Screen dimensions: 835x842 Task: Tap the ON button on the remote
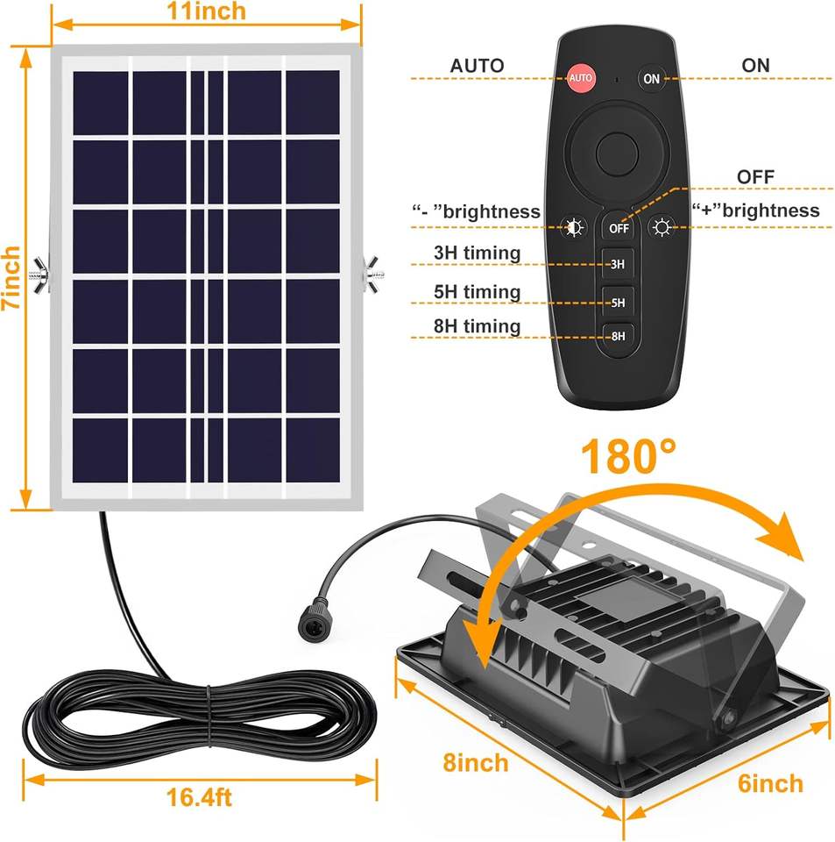(x=651, y=78)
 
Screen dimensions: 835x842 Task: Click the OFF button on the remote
(x=619, y=228)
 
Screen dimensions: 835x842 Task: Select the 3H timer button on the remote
(x=618, y=263)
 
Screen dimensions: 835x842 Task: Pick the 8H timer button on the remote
(x=618, y=335)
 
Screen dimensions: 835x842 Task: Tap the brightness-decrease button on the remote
(x=575, y=228)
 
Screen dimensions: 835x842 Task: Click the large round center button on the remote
(x=619, y=154)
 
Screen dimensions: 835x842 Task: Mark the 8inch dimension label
(x=475, y=762)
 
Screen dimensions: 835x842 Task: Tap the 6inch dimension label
(x=769, y=783)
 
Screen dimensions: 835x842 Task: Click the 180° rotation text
(x=629, y=456)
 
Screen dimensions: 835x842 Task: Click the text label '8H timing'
(x=478, y=326)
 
